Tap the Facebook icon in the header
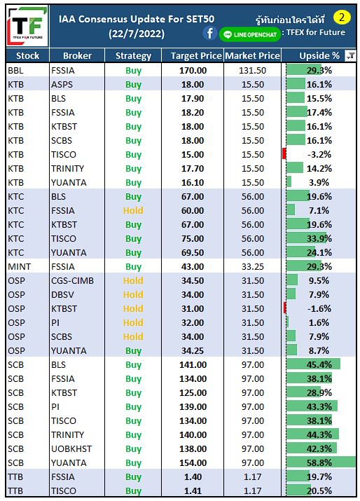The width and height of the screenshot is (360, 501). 209,33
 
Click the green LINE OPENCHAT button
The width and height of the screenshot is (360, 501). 250,34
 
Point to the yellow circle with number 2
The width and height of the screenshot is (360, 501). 342,18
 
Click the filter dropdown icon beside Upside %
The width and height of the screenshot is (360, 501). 350,56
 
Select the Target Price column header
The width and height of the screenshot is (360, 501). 196,56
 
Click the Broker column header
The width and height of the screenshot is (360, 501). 77,56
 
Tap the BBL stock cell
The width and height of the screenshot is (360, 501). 15,70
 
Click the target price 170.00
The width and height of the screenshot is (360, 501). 193,70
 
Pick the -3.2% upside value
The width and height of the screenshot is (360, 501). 319,155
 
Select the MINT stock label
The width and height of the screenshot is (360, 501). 20,267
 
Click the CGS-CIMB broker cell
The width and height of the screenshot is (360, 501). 73,281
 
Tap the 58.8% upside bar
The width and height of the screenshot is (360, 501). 321,462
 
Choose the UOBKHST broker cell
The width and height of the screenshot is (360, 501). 71,449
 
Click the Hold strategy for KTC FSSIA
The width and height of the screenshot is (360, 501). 133,211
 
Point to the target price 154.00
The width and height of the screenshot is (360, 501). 193,463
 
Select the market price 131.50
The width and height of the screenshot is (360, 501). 252,70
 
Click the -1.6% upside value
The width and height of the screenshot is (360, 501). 319,308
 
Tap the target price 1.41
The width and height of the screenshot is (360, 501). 193,490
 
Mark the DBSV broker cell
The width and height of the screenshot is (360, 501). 62,294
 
